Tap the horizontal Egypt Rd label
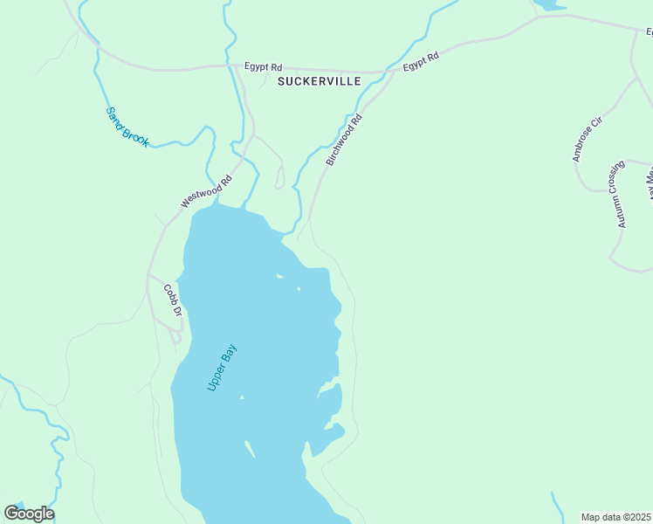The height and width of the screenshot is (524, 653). (264, 66)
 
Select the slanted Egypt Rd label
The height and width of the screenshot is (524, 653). (420, 61)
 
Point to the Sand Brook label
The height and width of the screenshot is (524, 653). (128, 126)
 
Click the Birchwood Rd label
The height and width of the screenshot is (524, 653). (343, 139)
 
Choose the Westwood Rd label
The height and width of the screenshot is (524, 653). (207, 191)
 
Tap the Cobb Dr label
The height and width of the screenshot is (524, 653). (173, 300)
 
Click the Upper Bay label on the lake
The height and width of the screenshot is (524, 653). (222, 367)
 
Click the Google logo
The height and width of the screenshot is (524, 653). (29, 513)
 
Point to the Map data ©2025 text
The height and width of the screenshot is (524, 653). (615, 517)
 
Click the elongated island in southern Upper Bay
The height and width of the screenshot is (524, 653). (250, 449)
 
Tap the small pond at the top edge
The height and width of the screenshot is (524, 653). (549, 4)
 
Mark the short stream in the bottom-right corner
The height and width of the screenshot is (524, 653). (558, 507)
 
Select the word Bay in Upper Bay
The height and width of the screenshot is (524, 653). (230, 353)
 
